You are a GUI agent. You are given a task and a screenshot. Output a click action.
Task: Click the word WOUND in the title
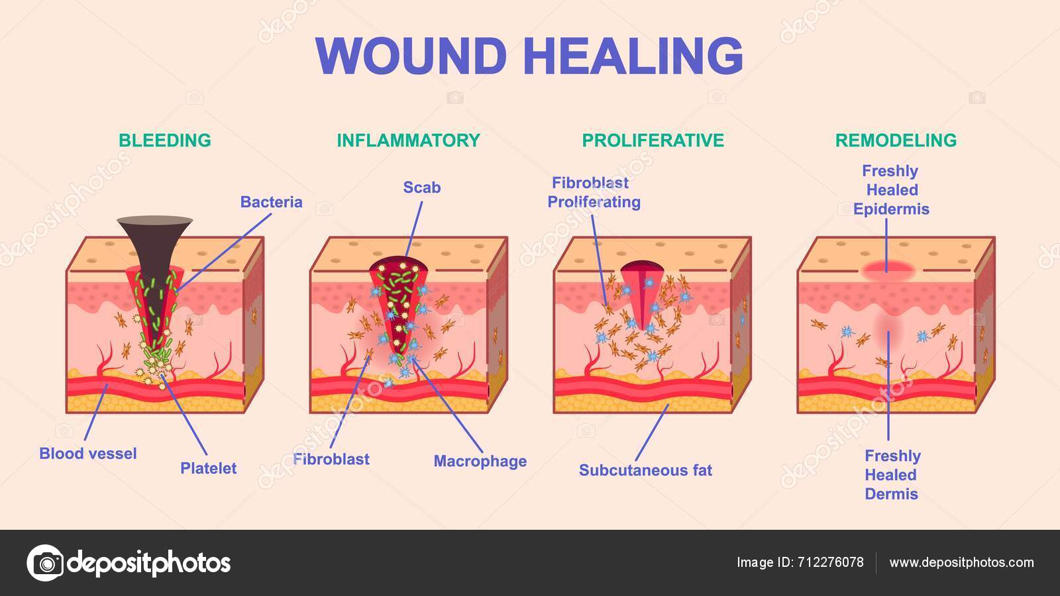[411, 56]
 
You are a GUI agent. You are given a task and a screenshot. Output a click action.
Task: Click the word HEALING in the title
[633, 56]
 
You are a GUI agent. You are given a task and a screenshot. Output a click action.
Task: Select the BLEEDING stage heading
[165, 140]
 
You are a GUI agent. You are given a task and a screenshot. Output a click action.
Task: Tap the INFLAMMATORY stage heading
[408, 140]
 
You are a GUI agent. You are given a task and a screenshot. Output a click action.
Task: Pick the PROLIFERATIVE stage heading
[653, 140]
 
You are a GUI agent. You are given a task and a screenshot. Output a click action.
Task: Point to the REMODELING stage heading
[896, 140]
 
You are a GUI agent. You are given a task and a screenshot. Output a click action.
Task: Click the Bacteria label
[271, 202]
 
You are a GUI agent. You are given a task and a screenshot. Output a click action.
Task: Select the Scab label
[422, 187]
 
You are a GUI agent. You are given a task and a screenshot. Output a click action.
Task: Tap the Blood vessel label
[88, 454]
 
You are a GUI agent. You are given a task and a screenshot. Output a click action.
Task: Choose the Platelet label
[208, 468]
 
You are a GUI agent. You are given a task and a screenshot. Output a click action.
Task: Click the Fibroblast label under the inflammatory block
[331, 459]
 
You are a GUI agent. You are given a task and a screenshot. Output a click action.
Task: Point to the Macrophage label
[480, 461]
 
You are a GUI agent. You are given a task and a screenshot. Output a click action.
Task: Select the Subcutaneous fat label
[645, 470]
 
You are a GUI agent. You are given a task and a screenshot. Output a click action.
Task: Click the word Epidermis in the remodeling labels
[891, 209]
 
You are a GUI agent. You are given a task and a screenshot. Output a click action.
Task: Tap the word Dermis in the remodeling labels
[891, 494]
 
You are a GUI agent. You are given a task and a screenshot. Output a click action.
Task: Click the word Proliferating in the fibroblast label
[594, 202]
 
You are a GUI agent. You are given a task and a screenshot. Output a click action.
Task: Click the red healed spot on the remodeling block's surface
[888, 268]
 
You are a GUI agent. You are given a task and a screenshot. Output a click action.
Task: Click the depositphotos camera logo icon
[45, 563]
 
